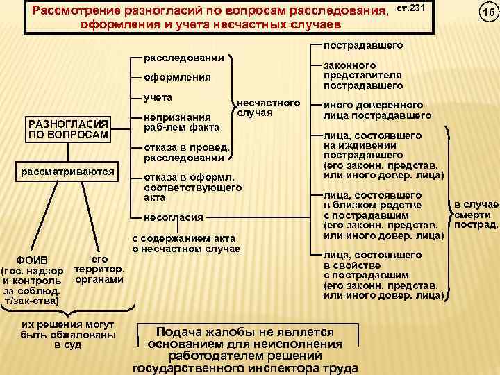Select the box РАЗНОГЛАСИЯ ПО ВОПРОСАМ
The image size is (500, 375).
pos(67,128)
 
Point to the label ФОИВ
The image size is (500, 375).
pos(33,259)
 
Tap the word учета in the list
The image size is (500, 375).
pos(158,97)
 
